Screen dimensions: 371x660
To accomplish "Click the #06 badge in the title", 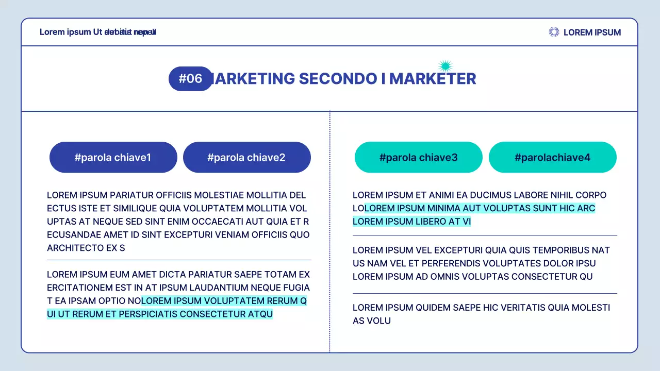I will pos(190,79).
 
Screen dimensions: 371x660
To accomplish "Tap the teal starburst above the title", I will pos(445,65).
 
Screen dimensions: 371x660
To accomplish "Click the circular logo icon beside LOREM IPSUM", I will pos(554,32).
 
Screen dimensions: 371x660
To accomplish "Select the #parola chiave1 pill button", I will pos(113,157).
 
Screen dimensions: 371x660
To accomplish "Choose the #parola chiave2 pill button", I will pos(246,157).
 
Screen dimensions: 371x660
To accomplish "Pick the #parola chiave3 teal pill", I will pos(418,157).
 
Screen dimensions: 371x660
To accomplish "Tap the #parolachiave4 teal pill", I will pos(552,157).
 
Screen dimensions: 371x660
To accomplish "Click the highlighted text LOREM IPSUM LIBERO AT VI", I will pos(412,222).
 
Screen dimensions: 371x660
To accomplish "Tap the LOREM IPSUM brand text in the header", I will pos(592,32).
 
